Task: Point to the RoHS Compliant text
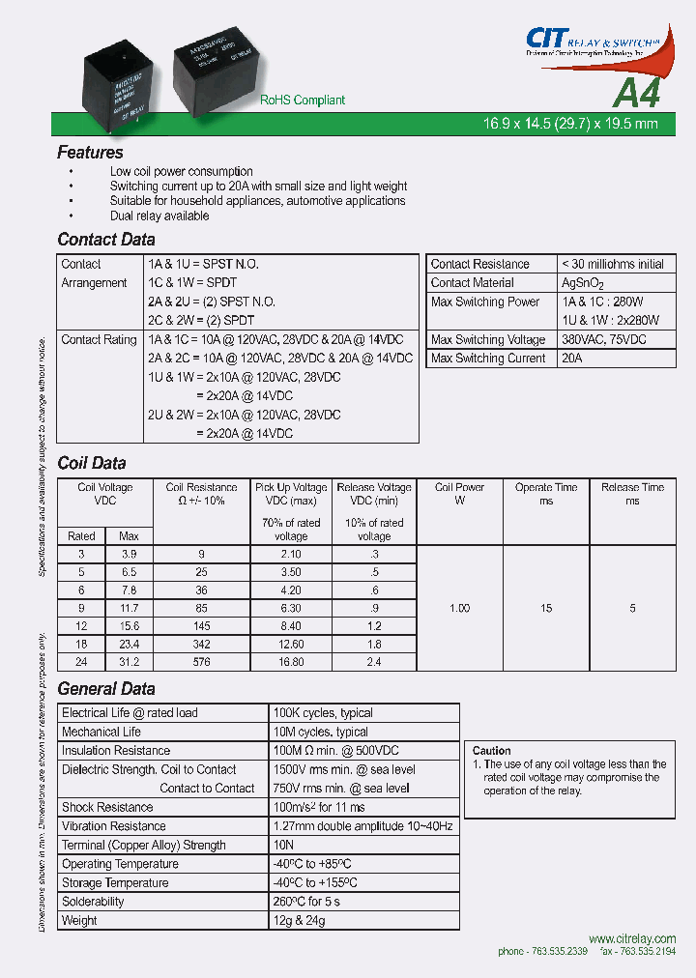click(x=302, y=101)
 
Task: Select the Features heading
click(x=90, y=153)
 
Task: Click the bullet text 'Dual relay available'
click(x=159, y=216)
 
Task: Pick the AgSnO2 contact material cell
click(x=582, y=283)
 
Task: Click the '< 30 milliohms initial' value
click(x=613, y=264)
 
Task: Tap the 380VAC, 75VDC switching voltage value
click(x=604, y=339)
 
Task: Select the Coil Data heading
click(x=92, y=463)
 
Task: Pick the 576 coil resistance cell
click(x=201, y=662)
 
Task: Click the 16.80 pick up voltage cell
click(x=290, y=662)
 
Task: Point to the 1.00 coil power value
click(x=459, y=608)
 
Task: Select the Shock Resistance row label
click(x=107, y=807)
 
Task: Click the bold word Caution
click(x=492, y=751)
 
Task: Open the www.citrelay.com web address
click(x=631, y=938)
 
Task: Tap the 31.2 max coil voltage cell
click(x=129, y=662)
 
